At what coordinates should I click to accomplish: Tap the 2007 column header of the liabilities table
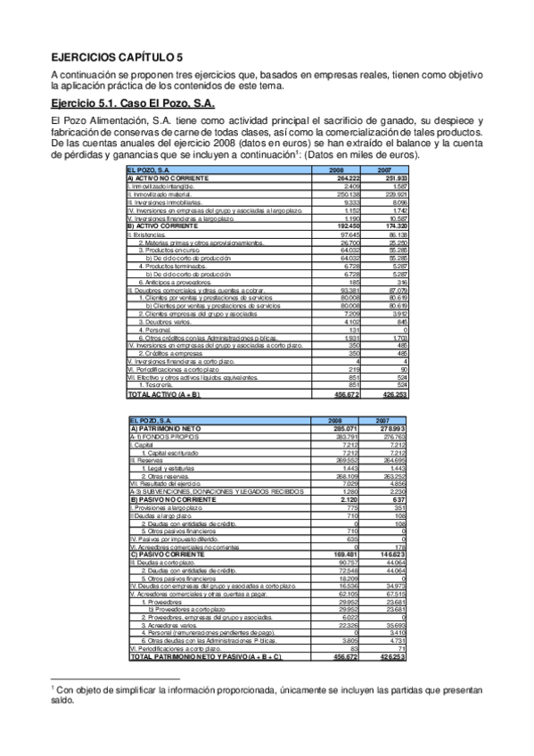[384, 421]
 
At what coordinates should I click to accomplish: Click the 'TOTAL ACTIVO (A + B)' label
[165, 394]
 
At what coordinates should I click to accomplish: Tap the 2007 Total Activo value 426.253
[392, 394]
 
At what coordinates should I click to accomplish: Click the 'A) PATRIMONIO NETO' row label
[160, 429]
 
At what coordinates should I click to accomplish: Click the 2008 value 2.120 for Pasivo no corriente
[346, 501]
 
